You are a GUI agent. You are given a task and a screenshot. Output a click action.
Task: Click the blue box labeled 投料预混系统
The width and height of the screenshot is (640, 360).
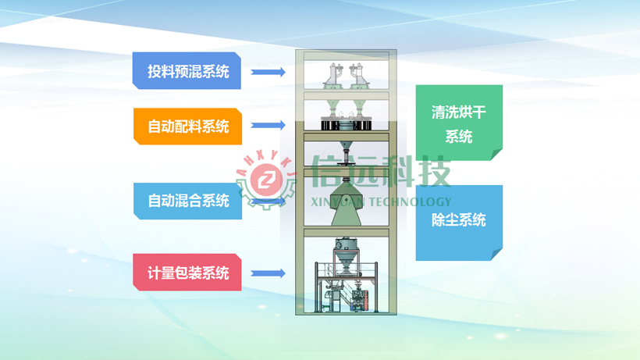[187, 70]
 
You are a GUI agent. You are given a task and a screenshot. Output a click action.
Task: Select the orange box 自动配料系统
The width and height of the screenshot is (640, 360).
[187, 127]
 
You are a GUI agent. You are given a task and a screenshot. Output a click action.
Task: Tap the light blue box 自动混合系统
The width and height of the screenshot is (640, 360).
[187, 201]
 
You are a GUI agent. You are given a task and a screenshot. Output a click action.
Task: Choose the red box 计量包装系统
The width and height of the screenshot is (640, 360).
[187, 273]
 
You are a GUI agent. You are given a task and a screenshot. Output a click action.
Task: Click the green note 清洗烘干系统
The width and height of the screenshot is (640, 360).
[459, 123]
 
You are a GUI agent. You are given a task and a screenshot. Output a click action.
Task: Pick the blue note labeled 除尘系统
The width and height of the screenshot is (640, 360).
[459, 223]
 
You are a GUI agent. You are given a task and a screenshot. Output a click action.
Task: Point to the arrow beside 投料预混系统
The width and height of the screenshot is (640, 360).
[268, 73]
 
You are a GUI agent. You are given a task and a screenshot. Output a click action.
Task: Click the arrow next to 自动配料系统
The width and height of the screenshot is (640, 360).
[268, 125]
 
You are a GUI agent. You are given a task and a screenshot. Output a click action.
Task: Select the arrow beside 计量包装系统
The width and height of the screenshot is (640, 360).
[268, 273]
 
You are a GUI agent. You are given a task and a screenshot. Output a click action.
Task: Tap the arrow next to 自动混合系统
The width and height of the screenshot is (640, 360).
[268, 201]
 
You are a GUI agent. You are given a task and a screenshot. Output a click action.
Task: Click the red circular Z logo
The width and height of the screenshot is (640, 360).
[266, 179]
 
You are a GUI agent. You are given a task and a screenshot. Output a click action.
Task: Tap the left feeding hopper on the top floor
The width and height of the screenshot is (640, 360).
[333, 76]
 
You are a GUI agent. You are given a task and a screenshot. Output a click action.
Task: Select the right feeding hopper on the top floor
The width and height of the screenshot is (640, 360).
[358, 76]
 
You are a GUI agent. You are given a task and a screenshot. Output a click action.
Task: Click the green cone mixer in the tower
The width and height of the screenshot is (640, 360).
[346, 203]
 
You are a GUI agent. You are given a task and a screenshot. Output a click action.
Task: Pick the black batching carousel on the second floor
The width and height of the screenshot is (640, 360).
[346, 123]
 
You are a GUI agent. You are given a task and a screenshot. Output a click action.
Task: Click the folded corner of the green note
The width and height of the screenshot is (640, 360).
[496, 155]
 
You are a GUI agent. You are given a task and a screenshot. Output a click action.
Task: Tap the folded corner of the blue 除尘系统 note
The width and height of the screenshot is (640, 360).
[496, 255]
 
